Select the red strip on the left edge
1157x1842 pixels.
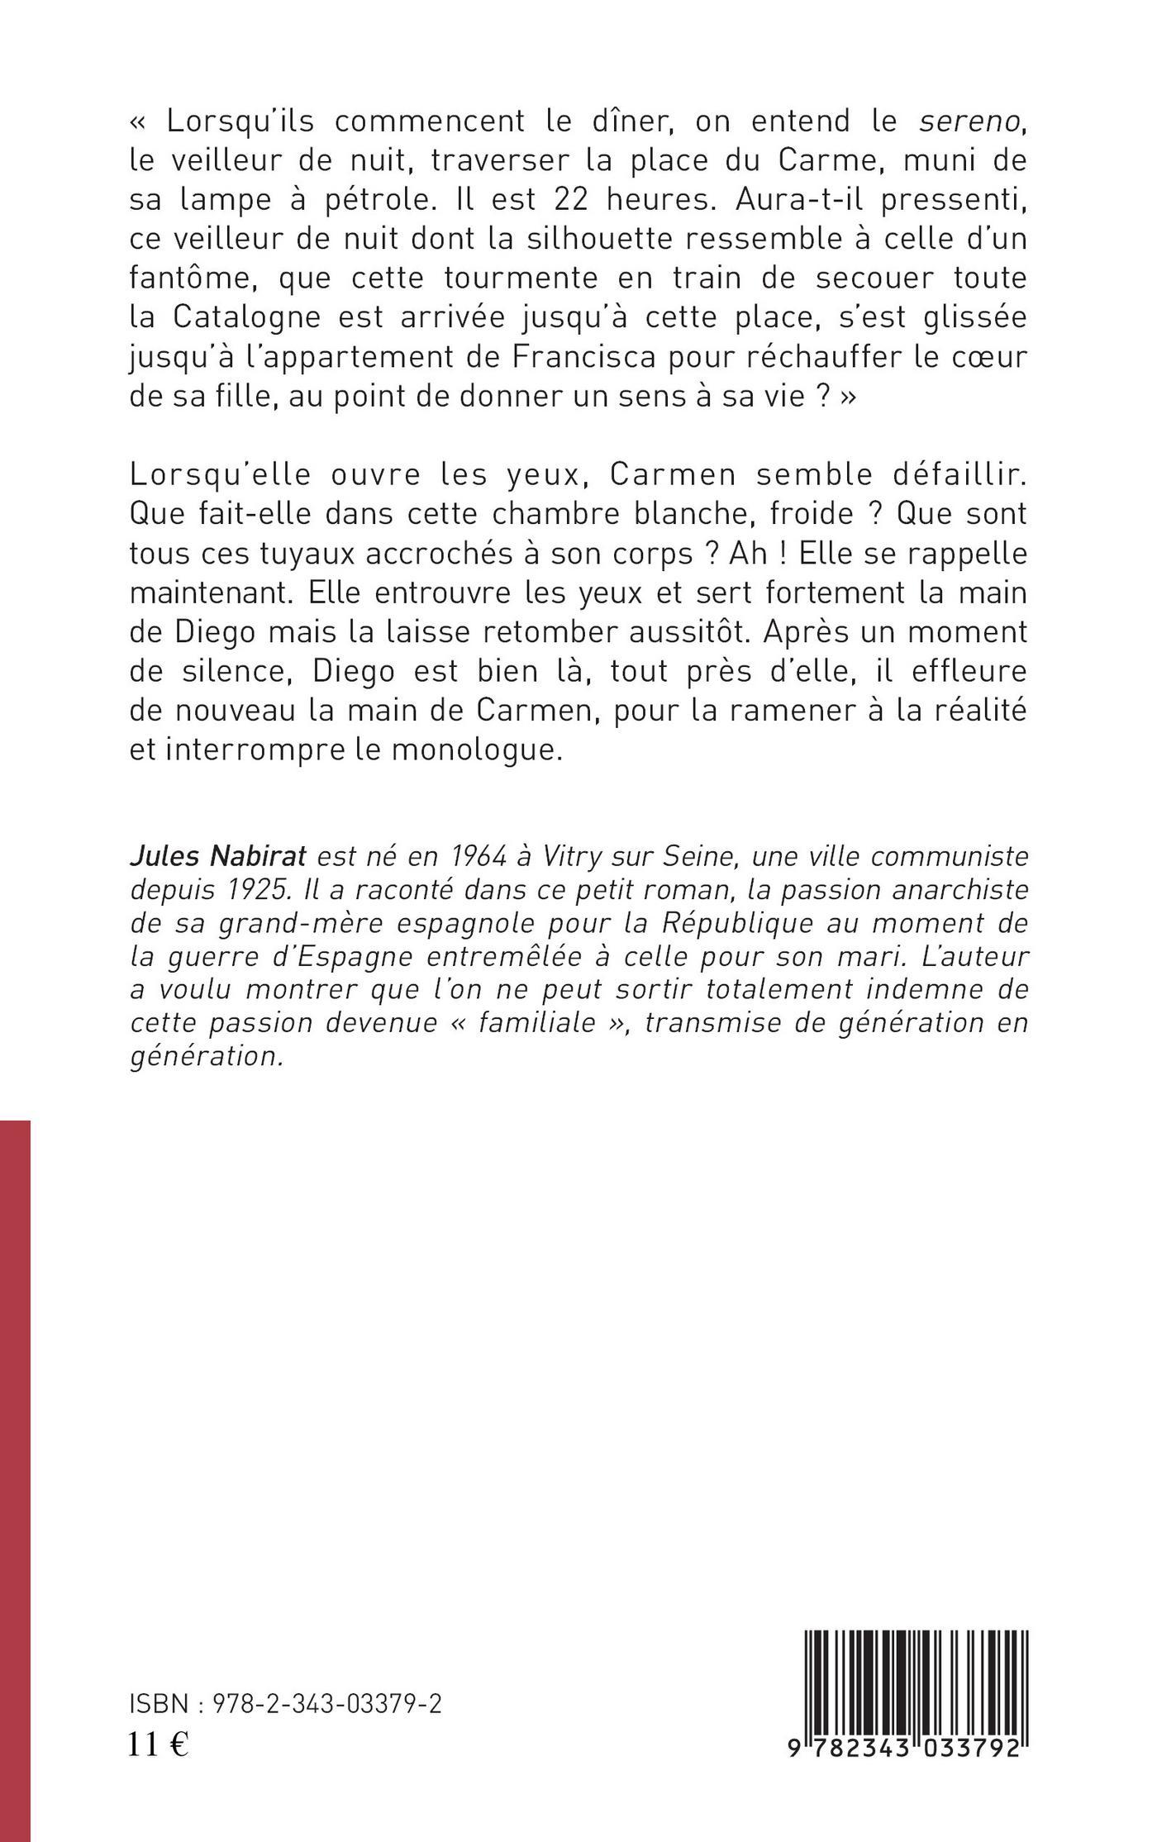coord(15,1479)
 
